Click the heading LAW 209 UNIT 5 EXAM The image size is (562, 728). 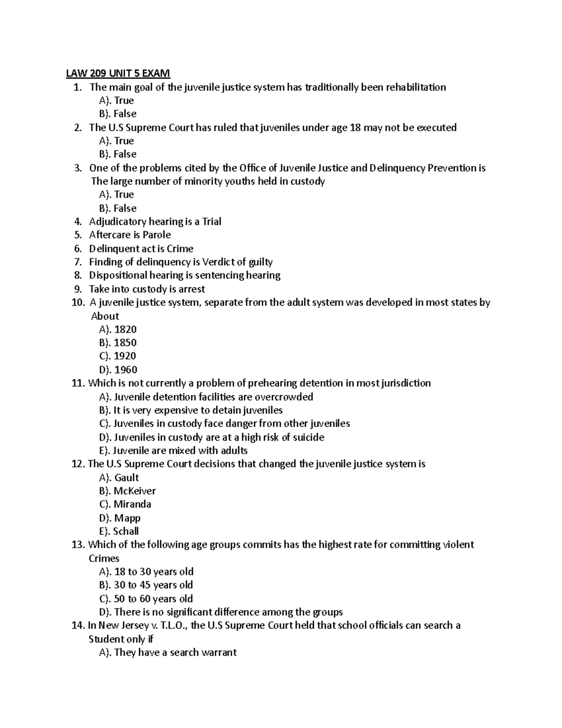pyautogui.click(x=118, y=74)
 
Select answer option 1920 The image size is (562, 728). pyautogui.click(x=118, y=356)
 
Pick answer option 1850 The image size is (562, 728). pyautogui.click(x=118, y=343)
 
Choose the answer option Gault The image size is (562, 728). pyautogui.click(x=119, y=478)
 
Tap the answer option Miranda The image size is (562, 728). pyautogui.click(x=125, y=504)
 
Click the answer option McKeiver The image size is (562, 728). pyautogui.click(x=127, y=491)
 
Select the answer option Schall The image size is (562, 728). pyautogui.click(x=119, y=532)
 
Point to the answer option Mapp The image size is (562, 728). pyautogui.click(x=120, y=518)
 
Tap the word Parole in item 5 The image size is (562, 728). pyautogui.click(x=157, y=235)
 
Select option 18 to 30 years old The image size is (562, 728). pyautogui.click(x=146, y=572)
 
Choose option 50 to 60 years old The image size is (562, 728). pyautogui.click(x=146, y=599)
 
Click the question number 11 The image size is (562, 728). pyautogui.click(x=78, y=383)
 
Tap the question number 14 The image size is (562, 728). pyautogui.click(x=78, y=626)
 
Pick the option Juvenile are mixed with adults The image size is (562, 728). pyautogui.click(x=173, y=451)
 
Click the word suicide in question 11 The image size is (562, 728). pyautogui.click(x=308, y=437)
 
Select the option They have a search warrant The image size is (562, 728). pyautogui.click(x=168, y=653)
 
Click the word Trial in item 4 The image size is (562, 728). pyautogui.click(x=212, y=222)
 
